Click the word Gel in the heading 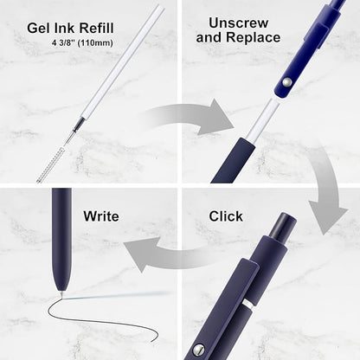37,29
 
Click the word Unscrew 238,23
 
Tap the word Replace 254,37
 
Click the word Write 101,216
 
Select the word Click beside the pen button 226,216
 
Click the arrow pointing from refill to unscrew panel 190,117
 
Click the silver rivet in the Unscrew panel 286,82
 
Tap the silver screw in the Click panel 199,349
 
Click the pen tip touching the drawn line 61,294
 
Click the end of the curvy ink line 154,342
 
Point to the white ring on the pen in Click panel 248,304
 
